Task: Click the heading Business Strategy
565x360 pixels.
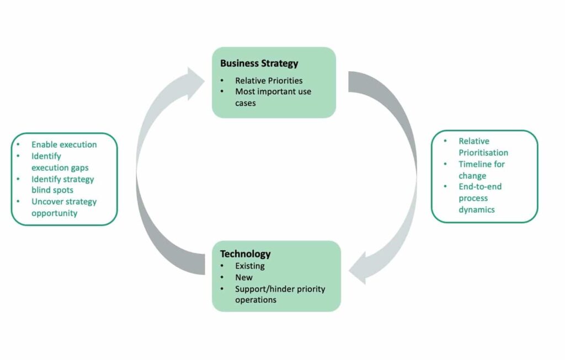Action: (259, 63)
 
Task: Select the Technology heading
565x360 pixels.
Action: (246, 254)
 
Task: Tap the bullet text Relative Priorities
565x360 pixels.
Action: (269, 80)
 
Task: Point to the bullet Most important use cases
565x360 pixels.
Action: (273, 97)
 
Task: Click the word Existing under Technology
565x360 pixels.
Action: (250, 266)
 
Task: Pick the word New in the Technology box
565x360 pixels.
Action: (244, 277)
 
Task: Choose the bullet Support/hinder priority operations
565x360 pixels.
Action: (280, 294)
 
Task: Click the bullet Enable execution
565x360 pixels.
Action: (64, 144)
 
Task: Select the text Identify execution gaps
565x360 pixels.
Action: (60, 162)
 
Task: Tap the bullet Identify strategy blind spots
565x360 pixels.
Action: (62, 185)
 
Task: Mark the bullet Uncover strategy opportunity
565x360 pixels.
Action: (63, 207)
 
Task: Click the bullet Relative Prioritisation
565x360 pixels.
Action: (483, 147)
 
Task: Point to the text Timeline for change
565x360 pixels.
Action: (481, 170)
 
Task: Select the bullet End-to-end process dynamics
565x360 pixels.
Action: (479, 198)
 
